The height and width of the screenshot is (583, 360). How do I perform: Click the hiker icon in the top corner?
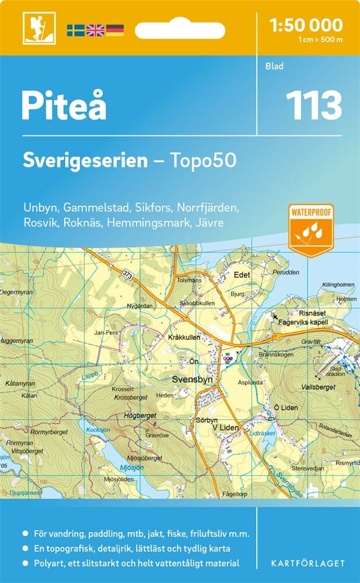[36, 28]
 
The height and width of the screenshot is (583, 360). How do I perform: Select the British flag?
[95, 30]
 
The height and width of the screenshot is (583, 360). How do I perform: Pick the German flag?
[114, 30]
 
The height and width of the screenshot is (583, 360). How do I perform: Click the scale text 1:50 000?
[306, 25]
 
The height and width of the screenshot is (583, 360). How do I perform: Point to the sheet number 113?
[313, 106]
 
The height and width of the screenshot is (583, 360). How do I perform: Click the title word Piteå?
[64, 106]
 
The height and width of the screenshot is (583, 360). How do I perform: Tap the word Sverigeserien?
[85, 160]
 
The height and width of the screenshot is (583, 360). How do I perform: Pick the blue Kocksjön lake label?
[98, 430]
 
